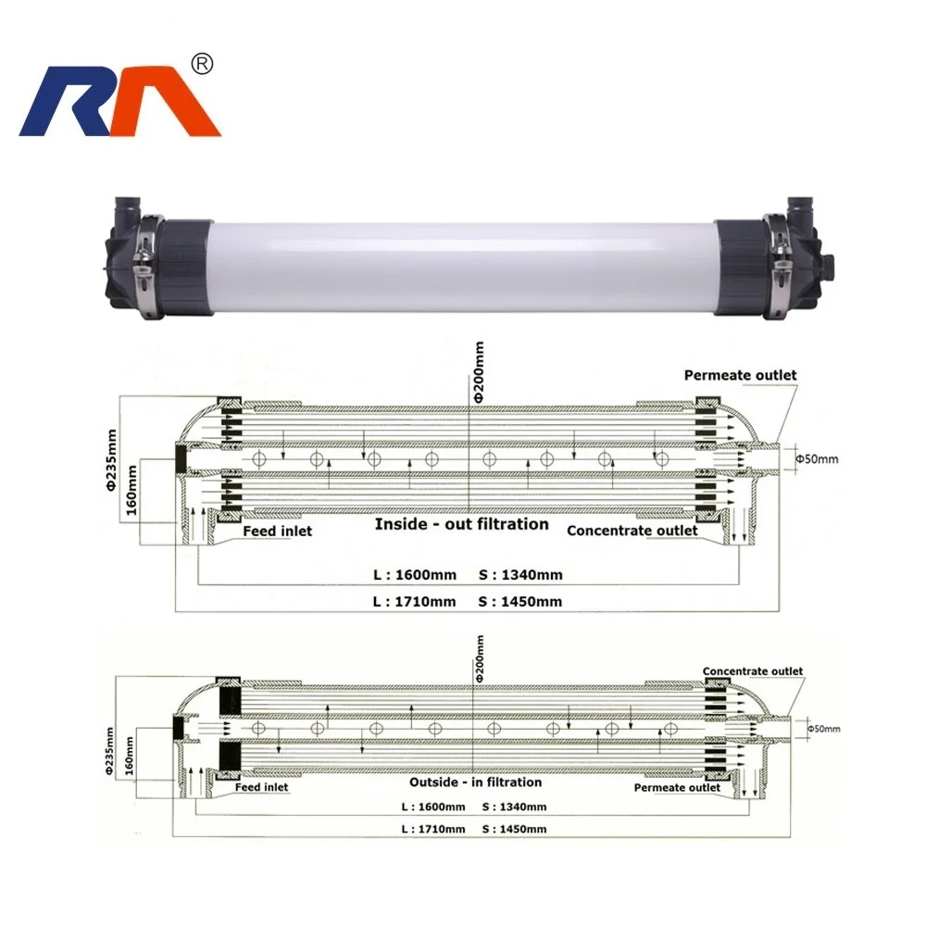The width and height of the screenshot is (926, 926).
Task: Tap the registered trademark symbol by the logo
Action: pos(201,63)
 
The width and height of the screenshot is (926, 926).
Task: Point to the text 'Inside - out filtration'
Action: pos(461,524)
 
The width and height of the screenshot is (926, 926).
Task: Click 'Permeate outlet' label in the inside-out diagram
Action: pos(740,375)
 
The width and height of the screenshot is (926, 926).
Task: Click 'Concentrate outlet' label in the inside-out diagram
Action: pos(632,530)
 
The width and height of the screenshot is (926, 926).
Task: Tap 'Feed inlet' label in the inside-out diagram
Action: pos(277,531)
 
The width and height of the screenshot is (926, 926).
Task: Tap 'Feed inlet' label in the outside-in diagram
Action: pos(260,787)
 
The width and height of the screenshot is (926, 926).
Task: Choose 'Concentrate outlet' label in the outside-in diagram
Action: pos(753,671)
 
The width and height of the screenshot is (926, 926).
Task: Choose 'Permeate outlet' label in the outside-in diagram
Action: pos(677,788)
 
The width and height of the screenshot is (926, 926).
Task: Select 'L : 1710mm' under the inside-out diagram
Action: pos(415,601)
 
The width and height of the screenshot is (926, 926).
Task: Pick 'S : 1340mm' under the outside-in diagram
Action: pos(514,807)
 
